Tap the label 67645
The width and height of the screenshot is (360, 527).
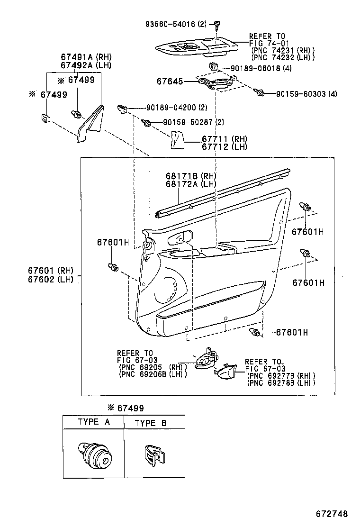coord(170,82)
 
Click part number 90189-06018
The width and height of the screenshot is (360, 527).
coord(254,68)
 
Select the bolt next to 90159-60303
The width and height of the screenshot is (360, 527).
coord(259,92)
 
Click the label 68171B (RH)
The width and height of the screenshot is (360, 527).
coord(188,176)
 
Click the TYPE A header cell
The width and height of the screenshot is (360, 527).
coord(94,422)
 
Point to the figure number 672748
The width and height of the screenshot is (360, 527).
coord(332,514)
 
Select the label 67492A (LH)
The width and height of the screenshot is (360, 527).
coord(85,65)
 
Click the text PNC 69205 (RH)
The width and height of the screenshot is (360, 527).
coord(152,367)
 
